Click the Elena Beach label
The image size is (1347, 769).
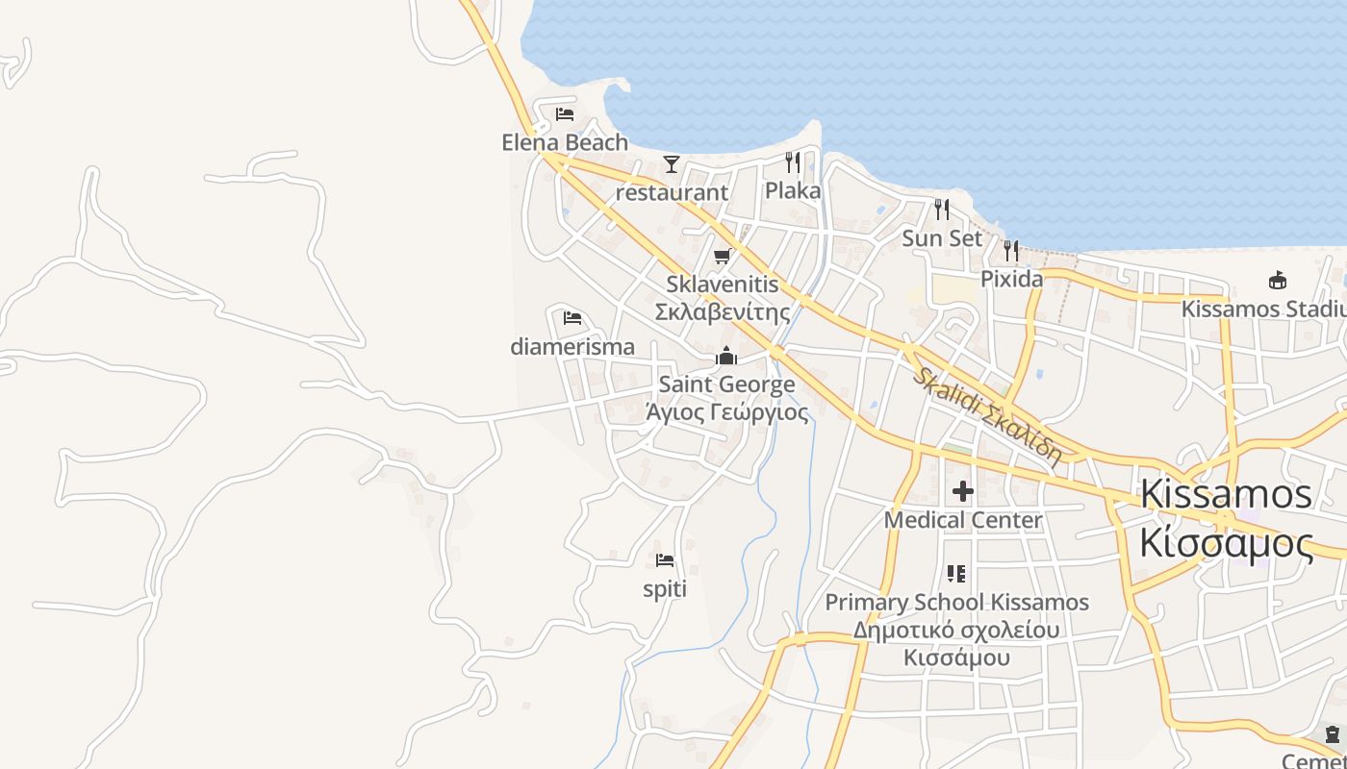pos(565,142)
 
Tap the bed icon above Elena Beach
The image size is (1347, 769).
pos(565,114)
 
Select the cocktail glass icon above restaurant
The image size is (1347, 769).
pos(672,164)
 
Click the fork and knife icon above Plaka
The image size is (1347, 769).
pos(793,162)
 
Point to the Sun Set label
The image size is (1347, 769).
pos(942,237)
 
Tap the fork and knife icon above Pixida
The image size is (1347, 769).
pos(1011,251)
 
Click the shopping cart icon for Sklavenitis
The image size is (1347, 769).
pos(723,256)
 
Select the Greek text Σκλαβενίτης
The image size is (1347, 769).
pos(723,311)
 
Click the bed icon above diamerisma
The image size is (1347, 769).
pos(572,318)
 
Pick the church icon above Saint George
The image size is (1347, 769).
pos(726,357)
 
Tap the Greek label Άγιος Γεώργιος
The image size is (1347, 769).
pos(726,412)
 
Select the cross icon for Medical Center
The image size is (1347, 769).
pos(963,492)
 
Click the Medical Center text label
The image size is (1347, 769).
pos(963,520)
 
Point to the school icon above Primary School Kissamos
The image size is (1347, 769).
pos(956,574)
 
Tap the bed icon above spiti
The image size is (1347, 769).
pos(665,560)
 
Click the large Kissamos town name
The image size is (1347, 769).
pos(1226,494)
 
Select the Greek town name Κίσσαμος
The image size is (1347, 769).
pos(1226,543)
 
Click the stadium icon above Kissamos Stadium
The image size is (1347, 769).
pos(1278,281)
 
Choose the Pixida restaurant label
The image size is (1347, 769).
pos(1011,279)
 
